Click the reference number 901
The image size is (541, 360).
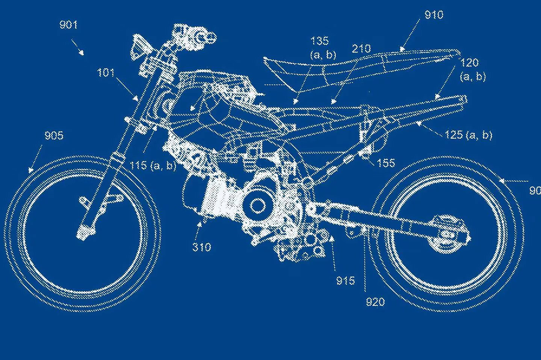click(68, 25)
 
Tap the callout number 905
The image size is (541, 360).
click(54, 136)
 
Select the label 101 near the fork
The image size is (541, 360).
click(106, 72)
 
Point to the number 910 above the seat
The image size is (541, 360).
click(434, 15)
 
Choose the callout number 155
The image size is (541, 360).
click(386, 163)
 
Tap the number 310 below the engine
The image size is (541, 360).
click(201, 247)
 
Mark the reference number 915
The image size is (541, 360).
click(345, 280)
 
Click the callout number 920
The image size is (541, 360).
click(375, 301)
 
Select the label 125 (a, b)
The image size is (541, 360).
click(468, 135)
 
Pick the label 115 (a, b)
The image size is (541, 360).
click(153, 165)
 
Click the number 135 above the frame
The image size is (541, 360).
click(319, 41)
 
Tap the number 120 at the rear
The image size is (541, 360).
click(469, 63)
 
